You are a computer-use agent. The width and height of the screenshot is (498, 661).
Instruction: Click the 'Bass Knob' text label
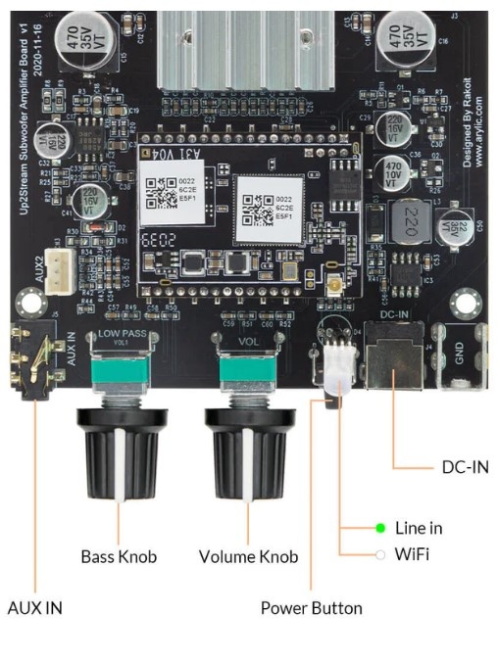coord(119,557)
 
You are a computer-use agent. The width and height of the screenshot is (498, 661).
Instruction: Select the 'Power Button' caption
coord(311,608)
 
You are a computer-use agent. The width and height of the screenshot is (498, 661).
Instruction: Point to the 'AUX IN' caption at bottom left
coord(34,608)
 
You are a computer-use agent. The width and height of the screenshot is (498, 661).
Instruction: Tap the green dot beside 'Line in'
coord(380,529)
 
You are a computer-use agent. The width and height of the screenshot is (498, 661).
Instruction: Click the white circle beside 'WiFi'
coord(380,554)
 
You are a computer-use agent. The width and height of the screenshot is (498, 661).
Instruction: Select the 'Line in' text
coord(419,529)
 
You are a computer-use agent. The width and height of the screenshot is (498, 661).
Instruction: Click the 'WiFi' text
coord(412,554)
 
